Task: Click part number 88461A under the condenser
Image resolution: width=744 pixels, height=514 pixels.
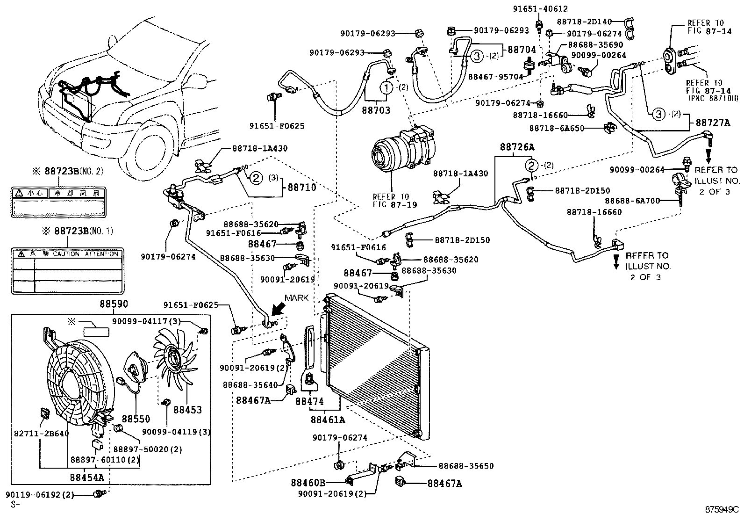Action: coord(328,420)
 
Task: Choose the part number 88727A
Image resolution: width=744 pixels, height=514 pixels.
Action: coord(713,123)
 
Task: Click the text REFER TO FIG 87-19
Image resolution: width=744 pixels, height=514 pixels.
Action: coord(392,200)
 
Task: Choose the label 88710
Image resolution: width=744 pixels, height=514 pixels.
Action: coord(301,187)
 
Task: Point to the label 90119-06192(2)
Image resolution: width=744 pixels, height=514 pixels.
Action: coord(40,494)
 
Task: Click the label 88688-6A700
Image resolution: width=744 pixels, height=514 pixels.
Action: coord(633,201)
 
